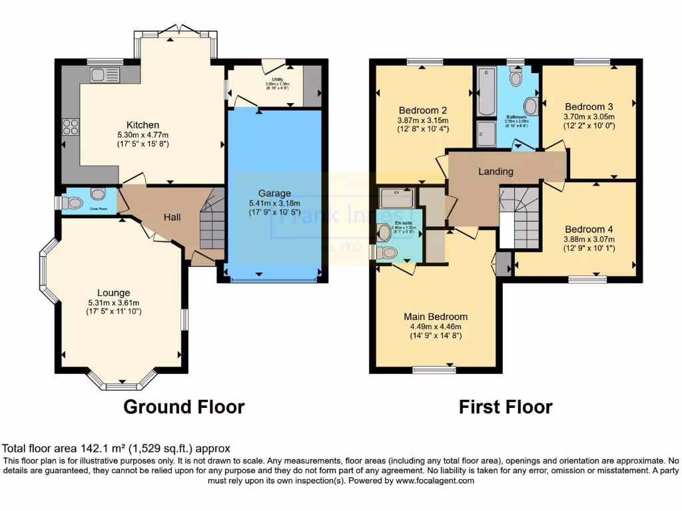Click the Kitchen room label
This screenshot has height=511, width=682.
pos(143,124)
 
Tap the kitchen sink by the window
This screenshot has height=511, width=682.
pos(104,75)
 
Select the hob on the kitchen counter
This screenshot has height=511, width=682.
pos(71,126)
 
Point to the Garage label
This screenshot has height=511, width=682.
pos(274,194)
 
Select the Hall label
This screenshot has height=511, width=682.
pos(172,217)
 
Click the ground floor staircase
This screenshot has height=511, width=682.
pos(212,223)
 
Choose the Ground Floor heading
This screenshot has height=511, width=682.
pos(184,407)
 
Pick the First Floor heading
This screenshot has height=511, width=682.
pos(506,407)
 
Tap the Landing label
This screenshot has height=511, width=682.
pos(496,172)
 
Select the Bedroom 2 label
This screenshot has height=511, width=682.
pos(423,110)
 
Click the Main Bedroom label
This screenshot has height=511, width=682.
pos(436,317)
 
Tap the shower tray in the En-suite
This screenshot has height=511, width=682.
pos(396,198)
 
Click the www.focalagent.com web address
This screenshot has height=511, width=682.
pos(434,480)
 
